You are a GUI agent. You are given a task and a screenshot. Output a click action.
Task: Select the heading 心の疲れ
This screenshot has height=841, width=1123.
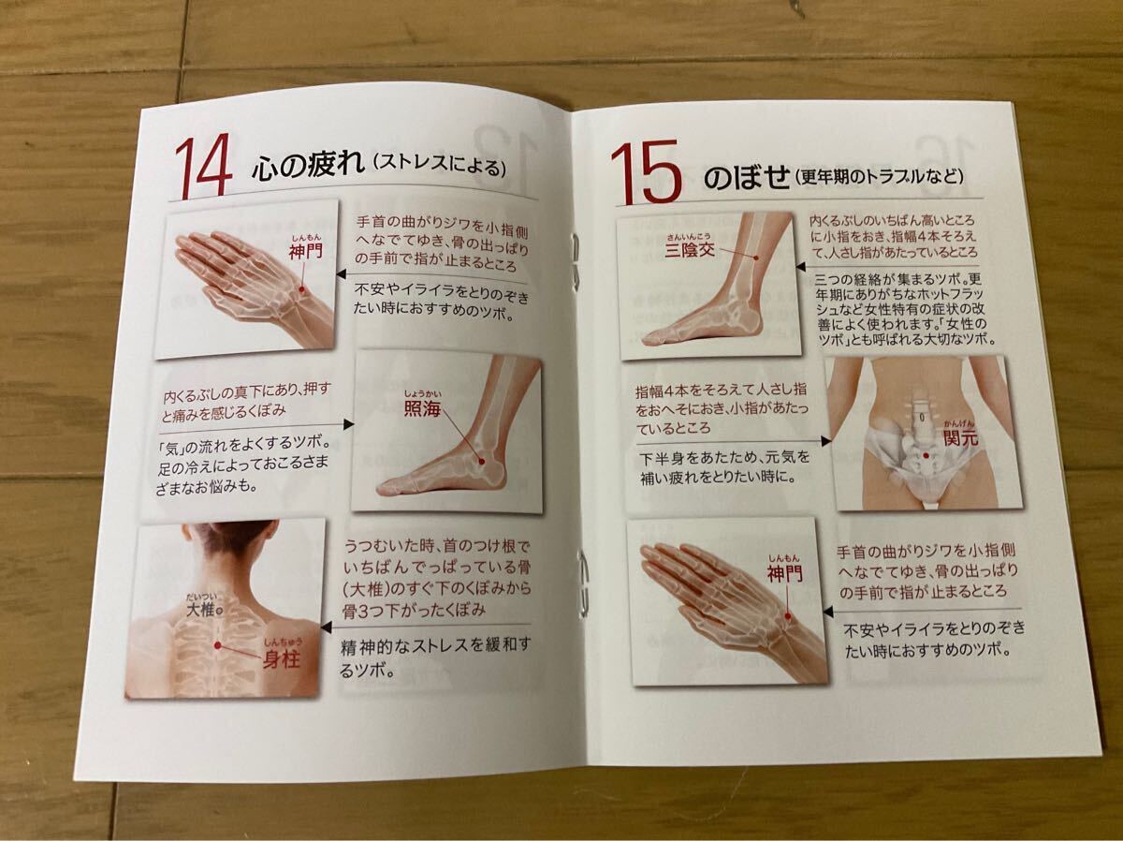(x=309, y=164)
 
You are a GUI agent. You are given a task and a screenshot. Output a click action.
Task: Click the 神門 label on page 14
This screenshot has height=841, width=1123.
(x=305, y=251)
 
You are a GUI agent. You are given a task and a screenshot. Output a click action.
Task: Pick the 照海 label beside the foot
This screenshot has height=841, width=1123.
(x=422, y=408)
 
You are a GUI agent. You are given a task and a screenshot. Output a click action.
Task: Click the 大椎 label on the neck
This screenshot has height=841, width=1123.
(x=201, y=609)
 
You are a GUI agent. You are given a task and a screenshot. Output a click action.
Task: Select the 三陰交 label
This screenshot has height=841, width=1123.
(x=690, y=250)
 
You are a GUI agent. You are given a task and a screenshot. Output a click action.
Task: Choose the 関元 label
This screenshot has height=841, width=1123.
(x=961, y=437)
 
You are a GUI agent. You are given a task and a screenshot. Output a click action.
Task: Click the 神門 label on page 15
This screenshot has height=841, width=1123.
(x=784, y=575)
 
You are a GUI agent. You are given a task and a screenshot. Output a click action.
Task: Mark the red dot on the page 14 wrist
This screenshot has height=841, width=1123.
(x=302, y=289)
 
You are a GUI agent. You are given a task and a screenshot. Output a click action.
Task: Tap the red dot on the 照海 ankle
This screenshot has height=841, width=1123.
(x=481, y=461)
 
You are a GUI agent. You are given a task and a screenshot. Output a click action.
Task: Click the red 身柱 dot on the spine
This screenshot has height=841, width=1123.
(x=217, y=645)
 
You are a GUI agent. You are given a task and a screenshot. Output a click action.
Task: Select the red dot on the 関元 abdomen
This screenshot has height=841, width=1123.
(x=925, y=455)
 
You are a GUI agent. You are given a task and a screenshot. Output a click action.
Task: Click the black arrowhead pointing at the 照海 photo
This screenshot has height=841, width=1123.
(x=348, y=424)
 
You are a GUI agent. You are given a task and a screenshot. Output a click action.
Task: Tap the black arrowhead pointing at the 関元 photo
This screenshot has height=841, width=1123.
(x=825, y=441)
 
